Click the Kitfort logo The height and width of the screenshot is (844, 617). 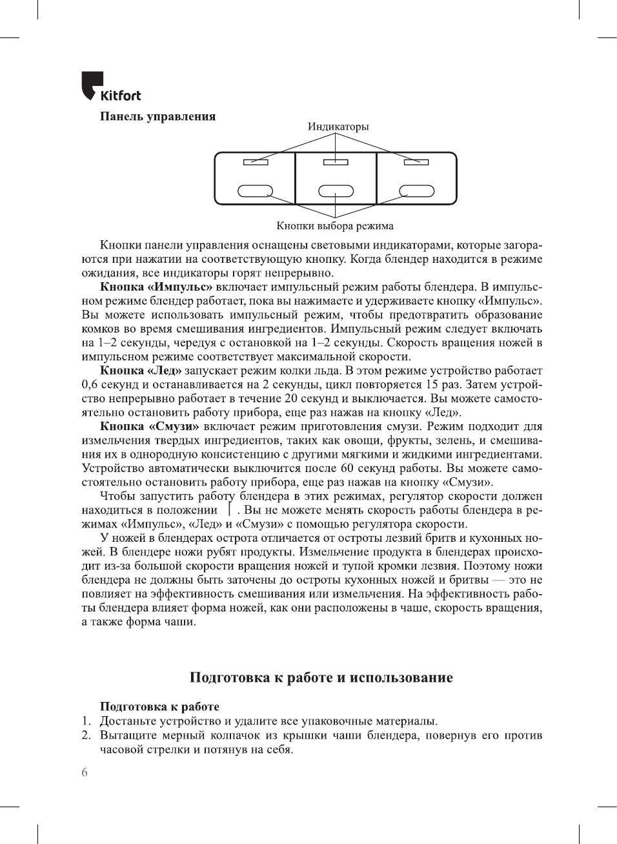click(110, 87)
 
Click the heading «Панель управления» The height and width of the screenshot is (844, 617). click(157, 117)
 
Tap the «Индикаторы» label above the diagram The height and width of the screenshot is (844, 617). click(338, 127)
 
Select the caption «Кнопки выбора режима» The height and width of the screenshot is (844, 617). click(334, 226)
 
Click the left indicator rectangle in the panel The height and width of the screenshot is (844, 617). click(256, 162)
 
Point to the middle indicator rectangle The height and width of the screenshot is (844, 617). click(336, 162)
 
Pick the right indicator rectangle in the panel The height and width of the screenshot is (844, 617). click(416, 162)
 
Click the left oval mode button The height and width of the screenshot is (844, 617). click(256, 191)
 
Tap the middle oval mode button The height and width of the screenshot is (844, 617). click(336, 191)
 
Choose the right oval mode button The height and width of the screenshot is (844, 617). click(416, 191)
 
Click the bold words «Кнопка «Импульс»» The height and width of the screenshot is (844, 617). click(156, 287)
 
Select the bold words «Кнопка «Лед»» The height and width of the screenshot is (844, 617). click(140, 371)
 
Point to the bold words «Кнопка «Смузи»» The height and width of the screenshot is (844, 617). click(149, 427)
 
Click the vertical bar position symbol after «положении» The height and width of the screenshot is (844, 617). click(230, 509)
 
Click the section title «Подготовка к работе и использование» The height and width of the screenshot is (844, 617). click(321, 677)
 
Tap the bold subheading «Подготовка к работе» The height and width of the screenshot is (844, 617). click(159, 706)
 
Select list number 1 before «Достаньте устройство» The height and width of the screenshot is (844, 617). click(86, 721)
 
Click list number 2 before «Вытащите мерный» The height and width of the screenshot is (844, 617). click(86, 736)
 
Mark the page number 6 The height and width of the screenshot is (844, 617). click(85, 772)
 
